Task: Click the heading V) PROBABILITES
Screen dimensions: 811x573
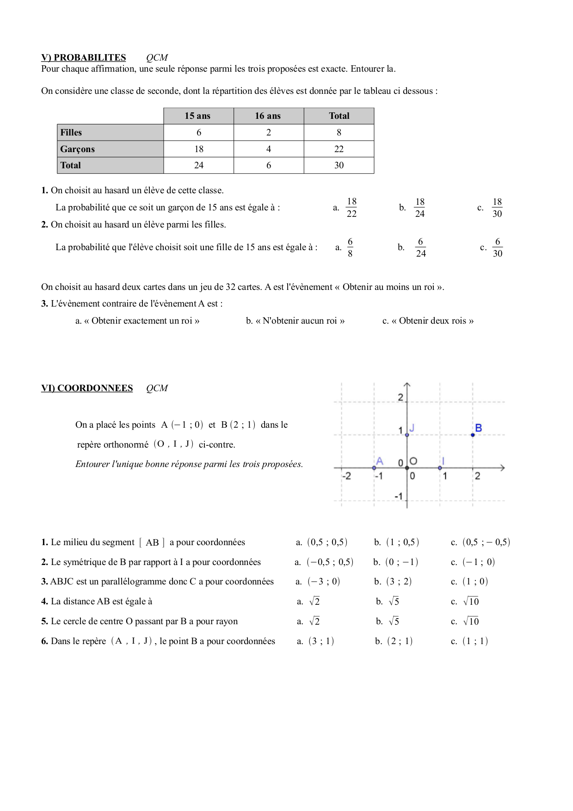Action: click(84, 57)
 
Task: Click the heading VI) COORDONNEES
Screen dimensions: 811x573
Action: click(87, 388)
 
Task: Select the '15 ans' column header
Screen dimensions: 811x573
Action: click(198, 116)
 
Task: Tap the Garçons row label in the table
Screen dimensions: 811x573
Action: click(78, 149)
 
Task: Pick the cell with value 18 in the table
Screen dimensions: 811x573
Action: click(199, 149)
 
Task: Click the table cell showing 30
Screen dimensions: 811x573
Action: click(339, 165)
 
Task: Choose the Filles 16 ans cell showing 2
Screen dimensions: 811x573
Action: click(269, 132)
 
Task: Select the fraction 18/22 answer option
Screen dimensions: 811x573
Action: click(351, 208)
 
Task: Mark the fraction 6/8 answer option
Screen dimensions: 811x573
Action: click(350, 247)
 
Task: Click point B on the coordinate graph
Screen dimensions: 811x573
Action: click(473, 435)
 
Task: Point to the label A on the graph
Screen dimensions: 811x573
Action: click(380, 461)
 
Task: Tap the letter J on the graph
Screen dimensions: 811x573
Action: click(412, 428)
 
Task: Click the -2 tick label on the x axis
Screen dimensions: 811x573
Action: click(346, 476)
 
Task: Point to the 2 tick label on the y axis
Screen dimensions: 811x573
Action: click(400, 397)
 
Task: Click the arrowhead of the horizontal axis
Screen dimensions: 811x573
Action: click(502, 468)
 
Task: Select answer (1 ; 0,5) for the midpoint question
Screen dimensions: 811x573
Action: click(402, 542)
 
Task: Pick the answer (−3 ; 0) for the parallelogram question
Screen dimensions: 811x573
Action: click(324, 582)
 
